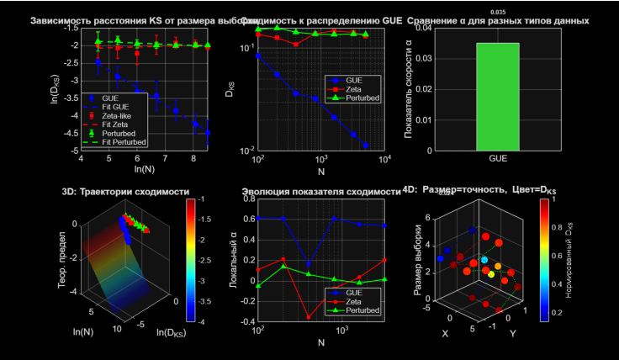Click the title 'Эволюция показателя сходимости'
click(320, 192)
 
